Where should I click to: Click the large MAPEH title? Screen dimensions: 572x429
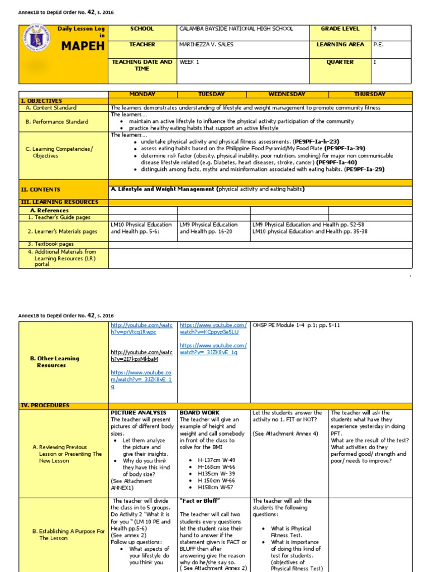pos(83,46)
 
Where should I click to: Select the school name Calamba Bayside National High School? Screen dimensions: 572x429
pos(235,29)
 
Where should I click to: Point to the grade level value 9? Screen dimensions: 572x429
pos(375,29)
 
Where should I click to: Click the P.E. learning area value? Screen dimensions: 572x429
pos(378,45)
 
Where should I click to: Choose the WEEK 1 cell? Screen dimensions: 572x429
pos(189,62)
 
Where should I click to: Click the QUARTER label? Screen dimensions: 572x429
pos(340,62)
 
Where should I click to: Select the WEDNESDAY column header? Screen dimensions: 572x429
pos(287,94)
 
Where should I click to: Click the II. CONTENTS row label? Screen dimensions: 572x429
pos(40,189)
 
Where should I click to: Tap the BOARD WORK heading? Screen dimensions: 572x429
pos(199,413)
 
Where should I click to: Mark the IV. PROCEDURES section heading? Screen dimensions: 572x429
pos(45,406)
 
